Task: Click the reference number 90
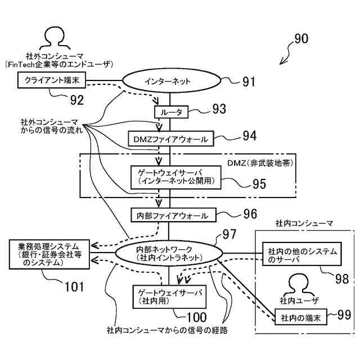click(x=301, y=39)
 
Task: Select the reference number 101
click(x=74, y=287)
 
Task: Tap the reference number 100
click(x=197, y=317)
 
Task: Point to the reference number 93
click(x=219, y=109)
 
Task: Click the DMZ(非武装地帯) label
click(x=260, y=163)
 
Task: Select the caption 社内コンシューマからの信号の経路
click(x=167, y=330)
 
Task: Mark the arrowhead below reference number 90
click(x=282, y=62)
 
